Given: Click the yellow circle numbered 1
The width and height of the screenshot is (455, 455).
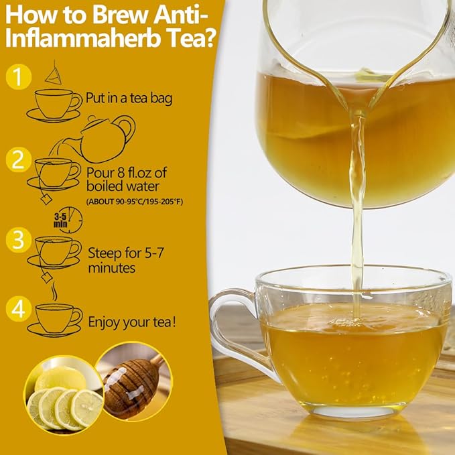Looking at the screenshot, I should click(19, 76).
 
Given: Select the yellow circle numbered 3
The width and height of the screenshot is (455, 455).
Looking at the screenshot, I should click(18, 239).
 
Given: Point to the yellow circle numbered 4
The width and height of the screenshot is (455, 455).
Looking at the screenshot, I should click(19, 309).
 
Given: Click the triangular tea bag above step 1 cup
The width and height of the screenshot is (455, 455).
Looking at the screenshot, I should click(53, 72).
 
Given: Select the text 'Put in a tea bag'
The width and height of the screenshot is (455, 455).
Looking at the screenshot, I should click(129, 99).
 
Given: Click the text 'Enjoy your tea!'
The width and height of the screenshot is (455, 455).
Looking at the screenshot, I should click(132, 323).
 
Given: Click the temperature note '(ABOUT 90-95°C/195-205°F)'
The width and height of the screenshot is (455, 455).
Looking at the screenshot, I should click(135, 201).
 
